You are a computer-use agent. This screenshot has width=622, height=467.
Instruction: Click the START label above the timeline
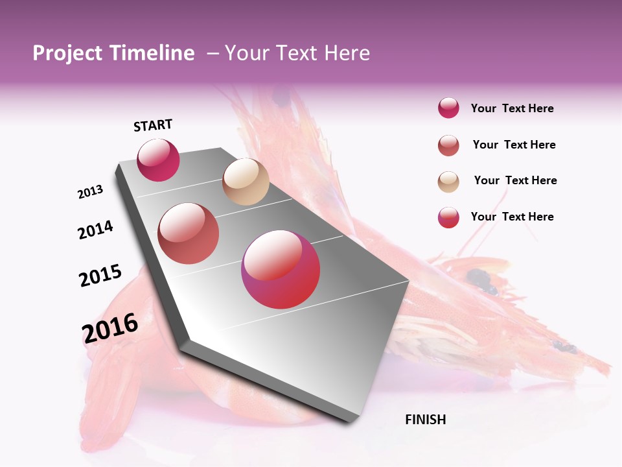[x=153, y=125]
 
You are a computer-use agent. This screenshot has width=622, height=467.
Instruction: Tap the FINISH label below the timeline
[x=425, y=420]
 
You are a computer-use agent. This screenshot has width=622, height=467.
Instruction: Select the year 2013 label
[x=90, y=192]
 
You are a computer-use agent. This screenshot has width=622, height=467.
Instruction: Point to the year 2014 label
[x=95, y=230]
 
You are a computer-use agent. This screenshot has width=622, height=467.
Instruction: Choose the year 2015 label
[x=100, y=275]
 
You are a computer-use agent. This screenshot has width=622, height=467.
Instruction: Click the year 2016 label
[x=110, y=328]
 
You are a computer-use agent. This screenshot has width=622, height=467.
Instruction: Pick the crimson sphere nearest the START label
[x=158, y=160]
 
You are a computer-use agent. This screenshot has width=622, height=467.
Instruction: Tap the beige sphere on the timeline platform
[x=246, y=182]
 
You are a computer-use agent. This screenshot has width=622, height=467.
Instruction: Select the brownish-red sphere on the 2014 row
[x=189, y=233]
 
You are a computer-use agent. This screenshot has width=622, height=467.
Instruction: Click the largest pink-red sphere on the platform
[x=281, y=269]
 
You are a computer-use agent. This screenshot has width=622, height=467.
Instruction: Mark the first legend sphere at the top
[x=448, y=108]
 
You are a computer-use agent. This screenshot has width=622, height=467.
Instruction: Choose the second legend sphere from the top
[x=448, y=145]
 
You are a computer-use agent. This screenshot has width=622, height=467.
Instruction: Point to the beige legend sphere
[x=448, y=182]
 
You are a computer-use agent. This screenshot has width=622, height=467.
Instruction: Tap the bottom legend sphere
[x=448, y=217]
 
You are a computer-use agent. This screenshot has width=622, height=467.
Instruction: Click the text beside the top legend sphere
[x=512, y=108]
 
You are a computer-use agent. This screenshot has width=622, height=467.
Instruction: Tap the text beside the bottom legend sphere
[x=512, y=217]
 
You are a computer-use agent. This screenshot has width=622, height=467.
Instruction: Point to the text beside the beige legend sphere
[x=515, y=180]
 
